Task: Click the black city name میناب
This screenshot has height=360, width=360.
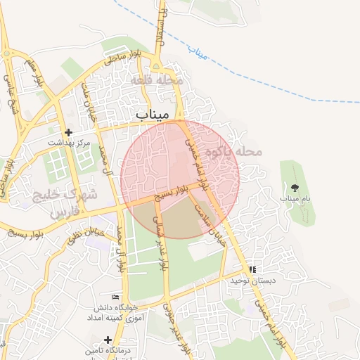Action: [x=151, y=114]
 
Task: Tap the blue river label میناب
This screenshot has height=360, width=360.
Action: [x=198, y=52]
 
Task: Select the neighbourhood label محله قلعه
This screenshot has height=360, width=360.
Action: [x=157, y=81]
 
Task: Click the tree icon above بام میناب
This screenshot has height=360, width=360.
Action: [x=295, y=187]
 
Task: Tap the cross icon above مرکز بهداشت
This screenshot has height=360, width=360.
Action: [x=68, y=132]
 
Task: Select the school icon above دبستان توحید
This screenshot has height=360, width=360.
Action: [x=252, y=269]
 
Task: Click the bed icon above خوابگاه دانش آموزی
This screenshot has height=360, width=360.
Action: [x=116, y=298]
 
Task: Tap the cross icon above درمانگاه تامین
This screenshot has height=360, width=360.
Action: [x=107, y=340]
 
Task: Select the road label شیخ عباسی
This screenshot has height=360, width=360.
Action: [x=11, y=91]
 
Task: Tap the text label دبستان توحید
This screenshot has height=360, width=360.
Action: [x=251, y=281]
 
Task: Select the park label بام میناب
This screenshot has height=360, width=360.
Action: [x=295, y=199]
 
